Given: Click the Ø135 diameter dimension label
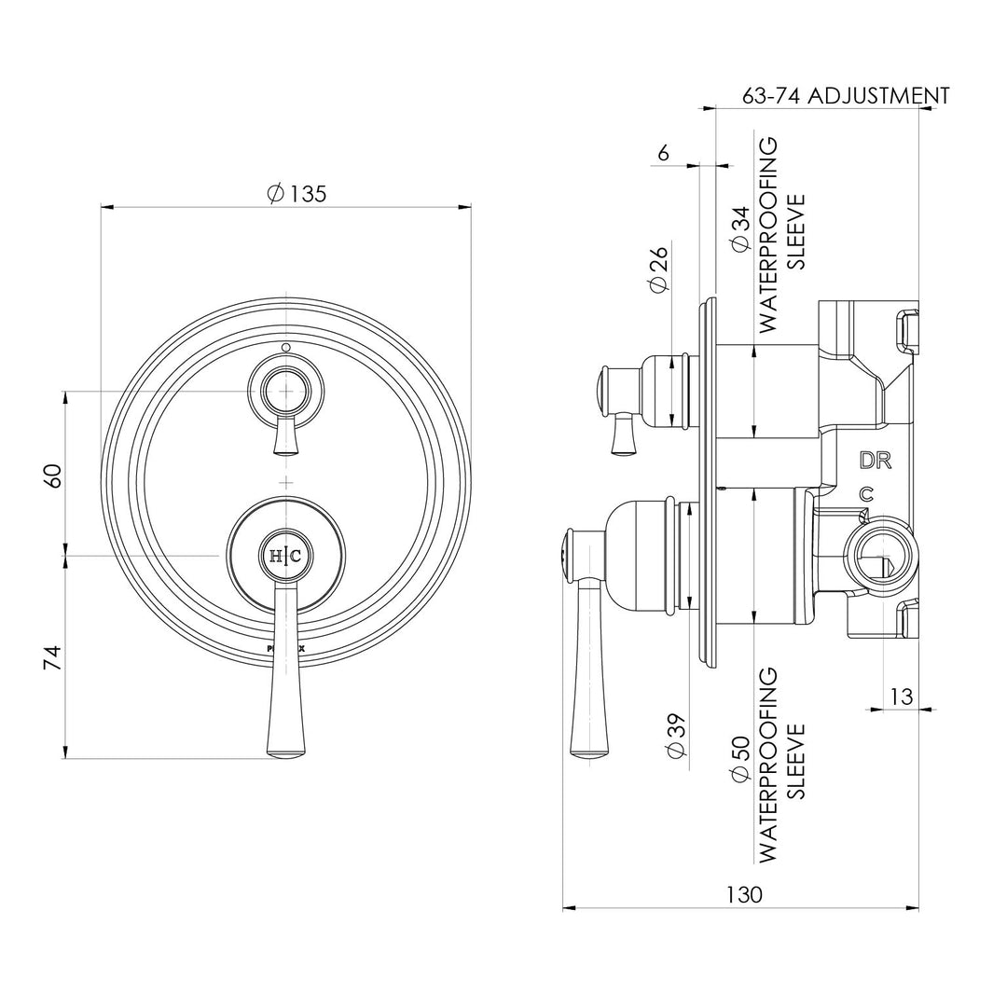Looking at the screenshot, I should (297, 194).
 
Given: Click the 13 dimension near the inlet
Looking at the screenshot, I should (901, 696).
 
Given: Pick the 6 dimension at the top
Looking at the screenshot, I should (663, 153).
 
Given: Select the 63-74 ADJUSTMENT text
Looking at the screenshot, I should (845, 96).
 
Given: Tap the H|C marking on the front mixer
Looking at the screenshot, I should (285, 556).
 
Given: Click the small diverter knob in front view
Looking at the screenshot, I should (285, 391).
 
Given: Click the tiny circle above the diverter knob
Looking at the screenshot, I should (285, 348).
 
